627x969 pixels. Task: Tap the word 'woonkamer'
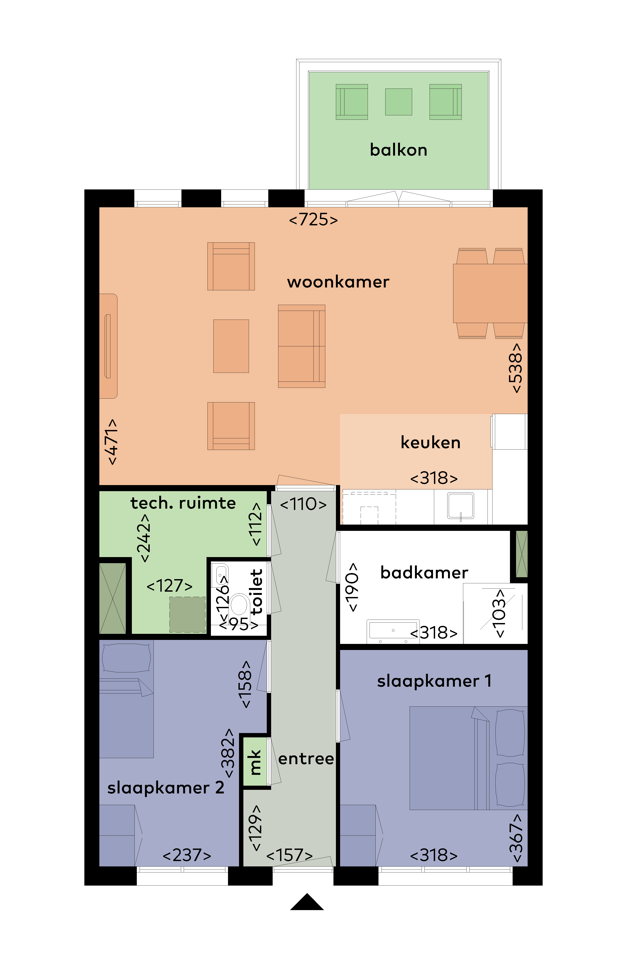click(338, 282)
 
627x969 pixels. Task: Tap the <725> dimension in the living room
click(313, 220)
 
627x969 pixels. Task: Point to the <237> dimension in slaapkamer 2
click(187, 855)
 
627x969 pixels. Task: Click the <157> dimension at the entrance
click(290, 855)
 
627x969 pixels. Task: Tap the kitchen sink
click(461, 506)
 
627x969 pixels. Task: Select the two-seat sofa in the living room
click(301, 346)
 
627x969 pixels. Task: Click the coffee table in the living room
click(231, 346)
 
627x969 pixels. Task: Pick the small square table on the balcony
click(399, 102)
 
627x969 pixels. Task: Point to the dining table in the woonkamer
click(490, 293)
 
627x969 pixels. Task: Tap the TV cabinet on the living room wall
click(108, 346)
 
